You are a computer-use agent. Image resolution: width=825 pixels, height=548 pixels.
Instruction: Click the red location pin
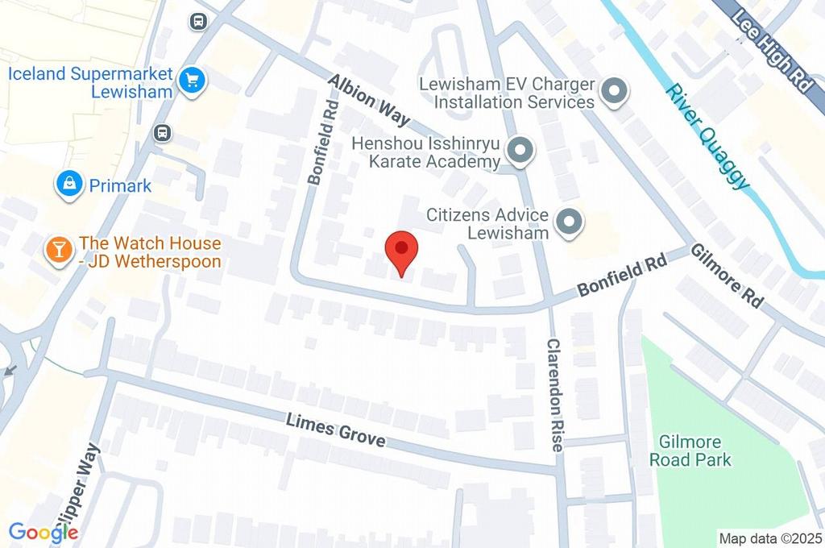click(x=401, y=251)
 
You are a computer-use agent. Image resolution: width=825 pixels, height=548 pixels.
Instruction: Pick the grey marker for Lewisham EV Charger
click(x=615, y=92)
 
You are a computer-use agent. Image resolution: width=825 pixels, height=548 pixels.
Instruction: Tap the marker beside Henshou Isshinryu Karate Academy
click(x=521, y=151)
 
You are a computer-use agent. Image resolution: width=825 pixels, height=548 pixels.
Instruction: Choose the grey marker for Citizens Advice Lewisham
click(x=570, y=222)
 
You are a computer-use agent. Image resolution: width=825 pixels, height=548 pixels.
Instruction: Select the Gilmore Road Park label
click(x=694, y=450)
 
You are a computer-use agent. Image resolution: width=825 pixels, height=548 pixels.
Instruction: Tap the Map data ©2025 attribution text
click(x=770, y=538)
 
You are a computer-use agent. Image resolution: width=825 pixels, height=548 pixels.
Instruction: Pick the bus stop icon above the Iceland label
click(x=197, y=21)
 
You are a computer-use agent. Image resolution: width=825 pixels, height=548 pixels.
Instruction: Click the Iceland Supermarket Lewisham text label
click(x=90, y=82)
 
